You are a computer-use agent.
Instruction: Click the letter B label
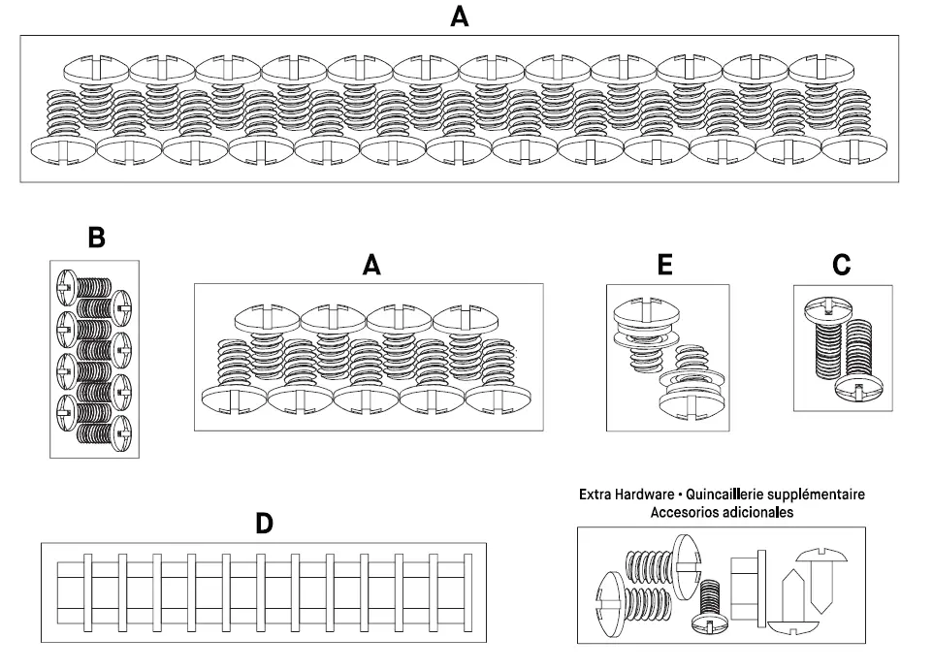(96, 238)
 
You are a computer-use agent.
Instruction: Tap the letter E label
(664, 265)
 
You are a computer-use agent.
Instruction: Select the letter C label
(842, 265)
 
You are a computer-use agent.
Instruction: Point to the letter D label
(264, 524)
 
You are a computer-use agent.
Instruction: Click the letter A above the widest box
(460, 16)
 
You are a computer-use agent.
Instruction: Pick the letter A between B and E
(371, 265)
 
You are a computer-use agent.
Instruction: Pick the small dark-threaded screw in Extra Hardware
(711, 606)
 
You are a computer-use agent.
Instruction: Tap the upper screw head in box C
(827, 309)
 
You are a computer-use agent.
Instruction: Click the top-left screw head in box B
(67, 287)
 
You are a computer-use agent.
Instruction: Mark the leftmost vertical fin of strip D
(87, 592)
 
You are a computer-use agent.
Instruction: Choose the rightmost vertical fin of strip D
(467, 592)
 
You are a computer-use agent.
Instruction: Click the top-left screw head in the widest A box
(96, 69)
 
